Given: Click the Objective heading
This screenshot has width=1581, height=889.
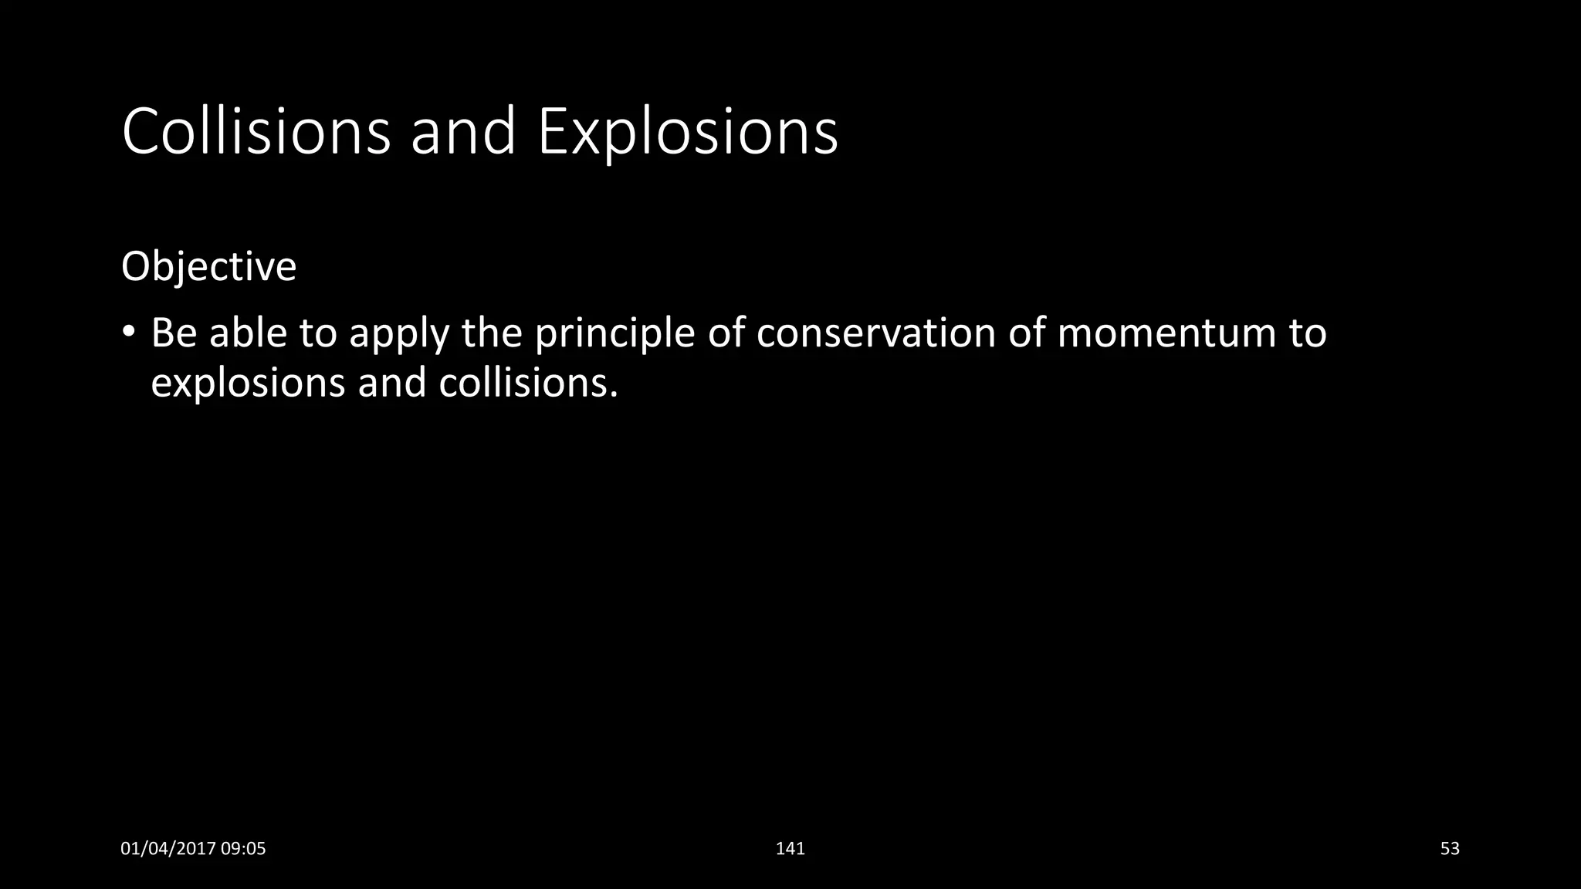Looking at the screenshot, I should (208, 267).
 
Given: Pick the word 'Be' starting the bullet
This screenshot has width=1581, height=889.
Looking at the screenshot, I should (174, 333).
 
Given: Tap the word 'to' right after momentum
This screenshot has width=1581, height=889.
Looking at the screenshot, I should (1308, 333).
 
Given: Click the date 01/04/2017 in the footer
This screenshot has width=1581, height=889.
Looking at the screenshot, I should (168, 849).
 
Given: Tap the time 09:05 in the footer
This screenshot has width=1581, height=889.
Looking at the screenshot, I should (243, 849).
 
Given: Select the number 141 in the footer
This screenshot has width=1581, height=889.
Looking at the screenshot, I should (790, 849).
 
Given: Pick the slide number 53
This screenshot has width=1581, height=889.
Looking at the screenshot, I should (1450, 849).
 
